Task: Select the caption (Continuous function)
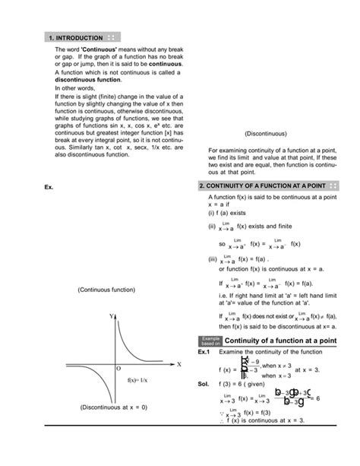106,290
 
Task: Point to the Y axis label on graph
111,314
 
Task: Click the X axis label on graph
178,363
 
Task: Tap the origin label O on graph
118,368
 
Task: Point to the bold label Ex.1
203,353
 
